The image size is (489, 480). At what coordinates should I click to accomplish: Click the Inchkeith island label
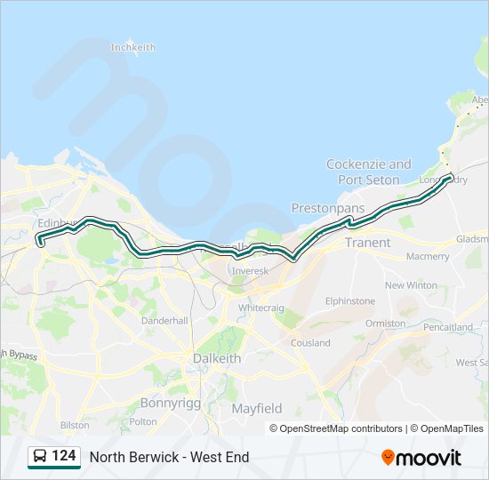click(x=132, y=47)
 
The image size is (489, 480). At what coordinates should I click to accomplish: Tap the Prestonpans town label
click(x=328, y=208)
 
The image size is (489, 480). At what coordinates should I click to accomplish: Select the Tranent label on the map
click(x=367, y=243)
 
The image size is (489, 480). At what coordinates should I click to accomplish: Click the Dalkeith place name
click(x=217, y=358)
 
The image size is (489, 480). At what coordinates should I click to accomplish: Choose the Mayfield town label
click(x=257, y=409)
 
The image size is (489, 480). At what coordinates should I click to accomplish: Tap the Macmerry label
click(x=428, y=257)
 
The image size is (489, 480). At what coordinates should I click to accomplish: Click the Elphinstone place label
click(x=349, y=301)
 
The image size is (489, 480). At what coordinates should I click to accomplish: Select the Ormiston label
click(x=385, y=324)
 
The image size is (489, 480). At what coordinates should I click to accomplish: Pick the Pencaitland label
click(x=448, y=327)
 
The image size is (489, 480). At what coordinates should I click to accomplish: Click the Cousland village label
click(x=310, y=342)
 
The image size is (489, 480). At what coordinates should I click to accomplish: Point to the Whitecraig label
click(x=261, y=307)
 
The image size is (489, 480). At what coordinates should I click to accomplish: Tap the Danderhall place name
click(x=164, y=320)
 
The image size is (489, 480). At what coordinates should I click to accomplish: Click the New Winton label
click(x=411, y=285)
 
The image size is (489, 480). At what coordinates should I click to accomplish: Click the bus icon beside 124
click(x=39, y=457)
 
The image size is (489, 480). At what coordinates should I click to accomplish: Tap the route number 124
click(x=64, y=456)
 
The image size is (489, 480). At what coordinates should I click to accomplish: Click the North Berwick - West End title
click(x=169, y=457)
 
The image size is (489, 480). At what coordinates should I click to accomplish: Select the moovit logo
click(x=421, y=457)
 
